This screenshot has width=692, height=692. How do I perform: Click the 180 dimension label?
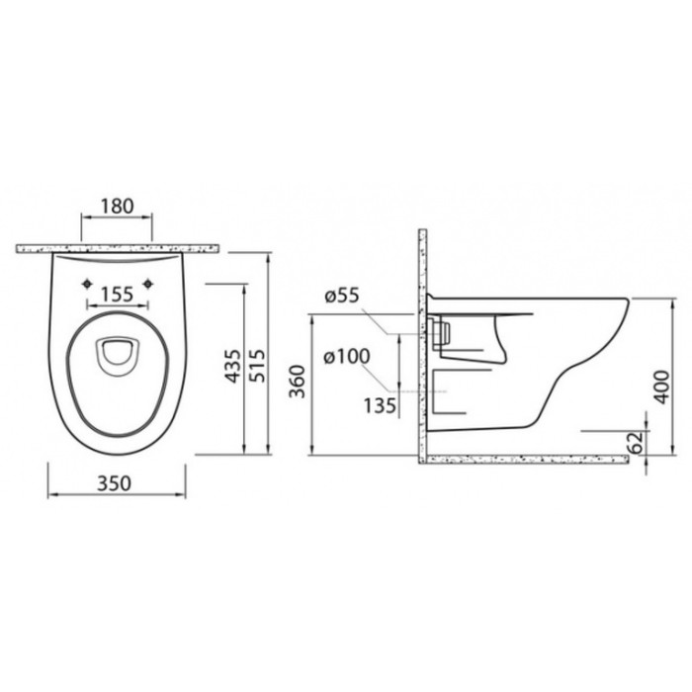(x=117, y=207)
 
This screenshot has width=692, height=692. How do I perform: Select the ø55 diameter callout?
(x=341, y=295)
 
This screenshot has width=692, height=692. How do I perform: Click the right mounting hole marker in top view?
(x=148, y=285)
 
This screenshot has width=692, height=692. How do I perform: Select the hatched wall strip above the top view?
(x=118, y=247)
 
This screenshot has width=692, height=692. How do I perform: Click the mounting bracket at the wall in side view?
(x=438, y=332)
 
